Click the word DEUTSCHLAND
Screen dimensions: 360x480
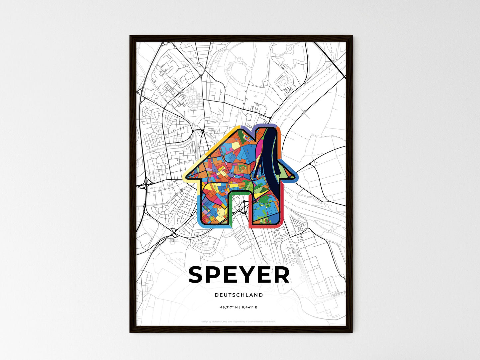coord(239,295)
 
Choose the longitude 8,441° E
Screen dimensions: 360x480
coord(250,308)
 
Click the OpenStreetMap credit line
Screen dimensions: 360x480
coord(239,321)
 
